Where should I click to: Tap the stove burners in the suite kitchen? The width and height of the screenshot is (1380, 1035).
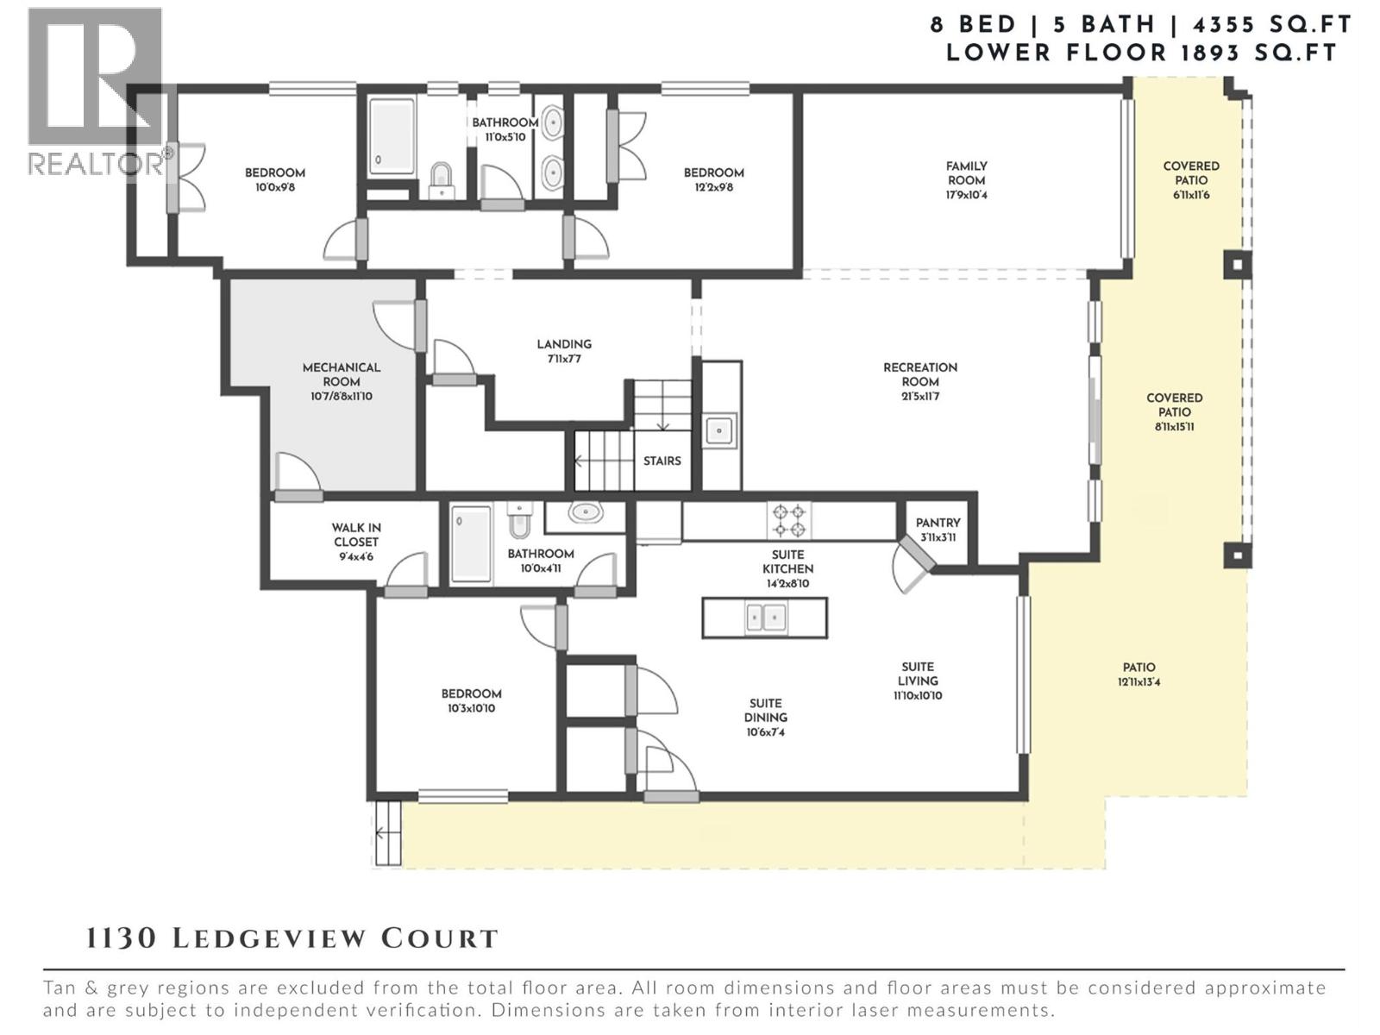click(789, 521)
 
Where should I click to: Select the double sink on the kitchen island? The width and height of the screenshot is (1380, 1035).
click(765, 618)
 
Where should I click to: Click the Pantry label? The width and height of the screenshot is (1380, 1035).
click(938, 523)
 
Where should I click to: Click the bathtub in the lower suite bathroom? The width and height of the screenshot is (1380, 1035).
click(470, 543)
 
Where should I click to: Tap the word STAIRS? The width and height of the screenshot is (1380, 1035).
click(662, 461)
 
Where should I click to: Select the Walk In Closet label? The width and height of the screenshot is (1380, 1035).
click(356, 535)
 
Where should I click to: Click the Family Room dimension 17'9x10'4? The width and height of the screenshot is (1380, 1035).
click(966, 195)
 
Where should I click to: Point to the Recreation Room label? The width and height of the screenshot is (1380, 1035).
click(920, 374)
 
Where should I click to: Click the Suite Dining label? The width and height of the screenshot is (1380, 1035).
click(765, 711)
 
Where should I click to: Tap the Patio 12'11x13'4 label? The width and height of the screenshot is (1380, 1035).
click(1138, 674)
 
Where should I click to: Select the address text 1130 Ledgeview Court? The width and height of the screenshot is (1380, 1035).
click(292, 938)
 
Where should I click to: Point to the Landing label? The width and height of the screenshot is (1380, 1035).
click(564, 344)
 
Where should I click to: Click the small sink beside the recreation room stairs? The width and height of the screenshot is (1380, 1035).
click(719, 430)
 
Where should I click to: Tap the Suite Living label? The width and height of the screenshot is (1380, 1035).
click(918, 674)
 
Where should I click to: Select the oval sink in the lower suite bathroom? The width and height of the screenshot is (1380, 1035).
click(586, 513)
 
